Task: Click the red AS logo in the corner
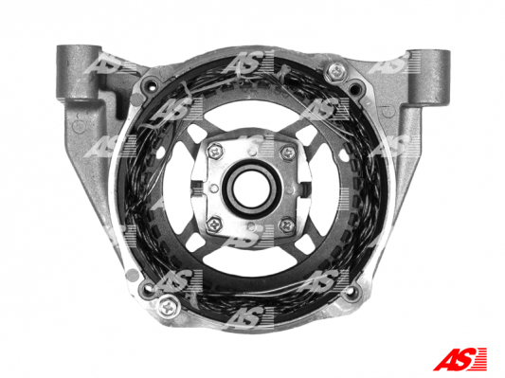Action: pos(460,359)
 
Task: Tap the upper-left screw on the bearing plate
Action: pos(215,151)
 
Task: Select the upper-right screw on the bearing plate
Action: pos(288,153)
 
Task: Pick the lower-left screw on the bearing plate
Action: pos(214,225)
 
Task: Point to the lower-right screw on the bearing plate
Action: pos(287,225)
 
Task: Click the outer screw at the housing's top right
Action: pos(336,72)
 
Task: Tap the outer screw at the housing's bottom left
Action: pos(169,306)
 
